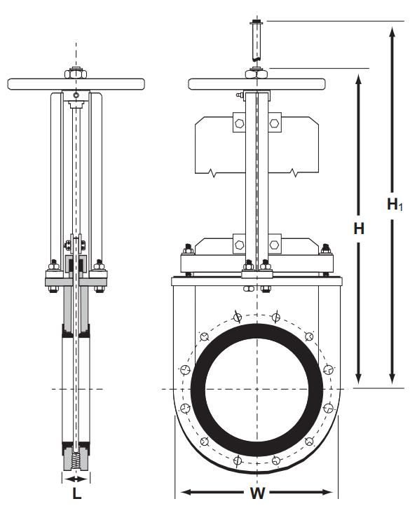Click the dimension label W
click(257, 493)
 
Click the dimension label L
click(76, 493)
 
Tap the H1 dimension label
click(395, 204)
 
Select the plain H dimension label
click(359, 228)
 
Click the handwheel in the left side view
click(76, 84)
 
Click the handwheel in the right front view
click(257, 84)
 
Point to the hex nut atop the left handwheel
click(76, 74)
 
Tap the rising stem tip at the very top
click(257, 22)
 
